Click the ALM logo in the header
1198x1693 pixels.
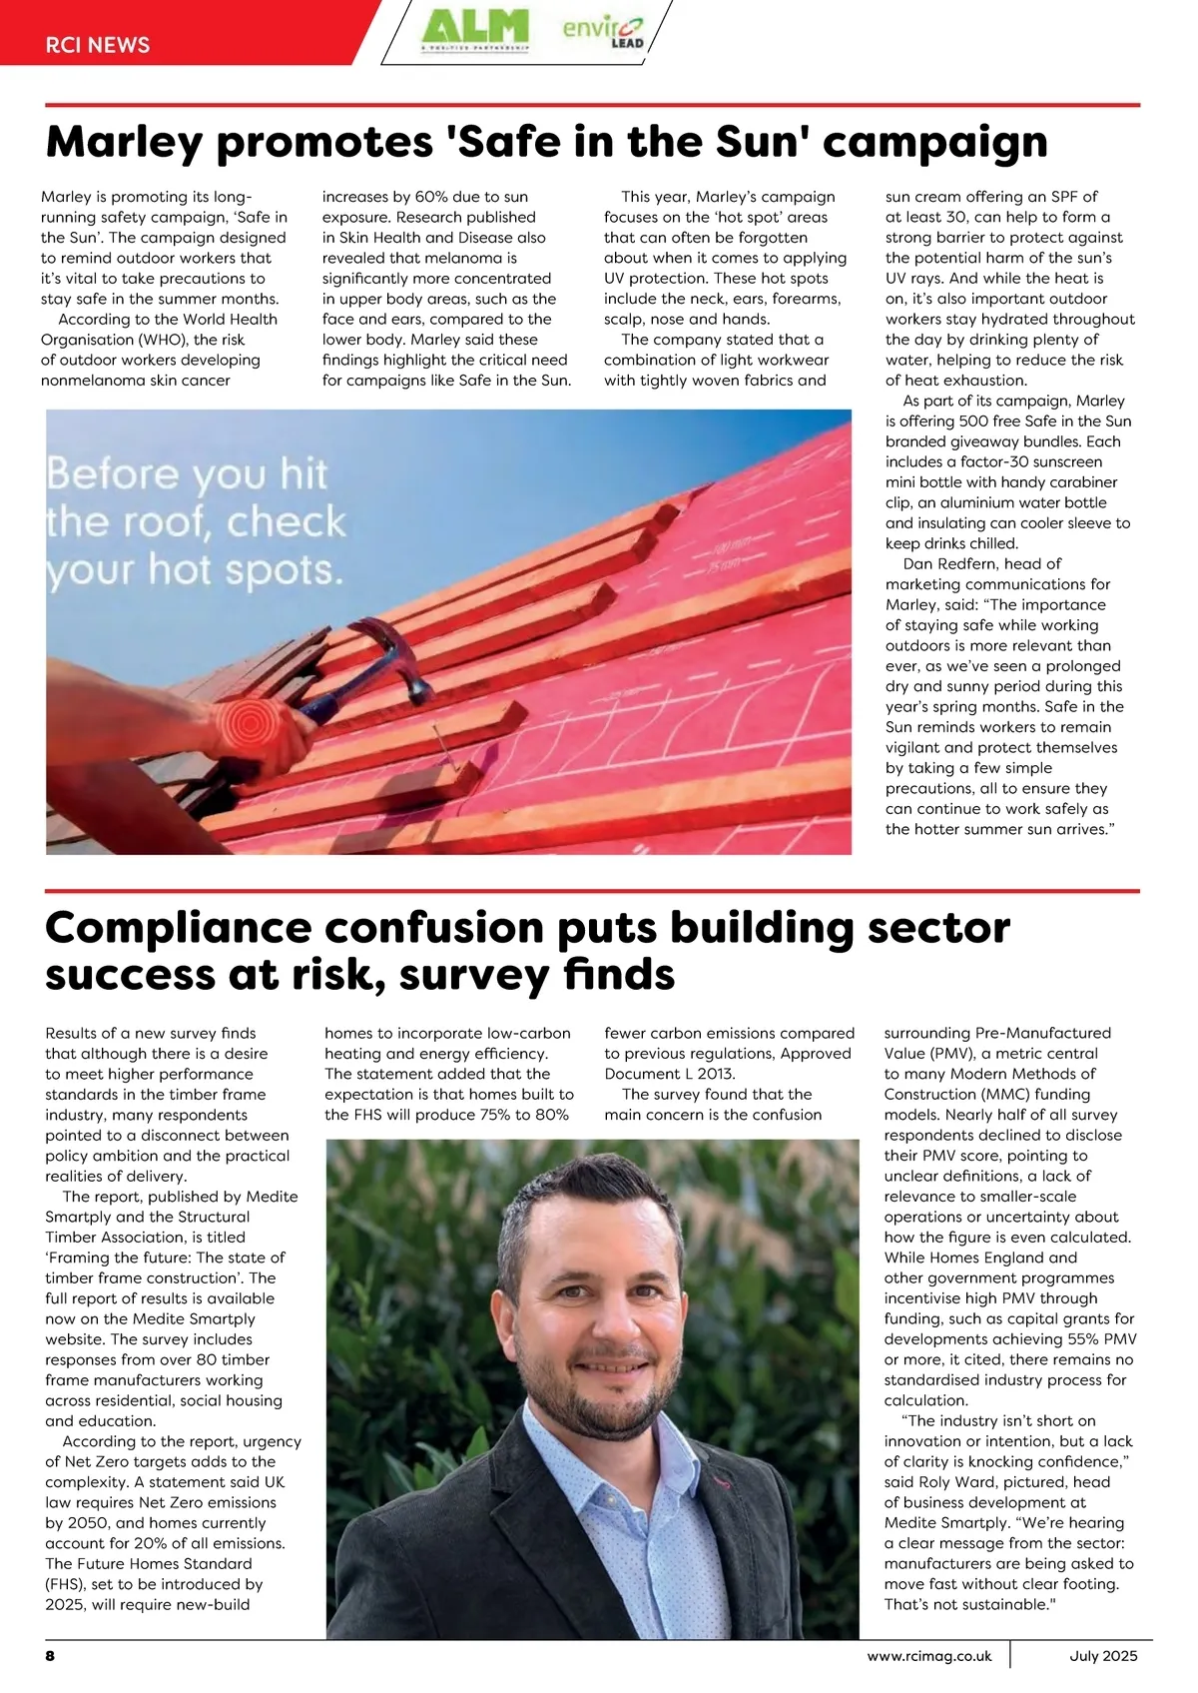474,27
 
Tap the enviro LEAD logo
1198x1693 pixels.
603,30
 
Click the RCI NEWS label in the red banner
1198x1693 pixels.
98,45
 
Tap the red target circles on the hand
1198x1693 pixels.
244,717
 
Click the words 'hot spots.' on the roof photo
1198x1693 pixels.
246,570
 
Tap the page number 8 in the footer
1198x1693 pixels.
50,1655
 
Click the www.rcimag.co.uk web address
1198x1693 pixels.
929,1655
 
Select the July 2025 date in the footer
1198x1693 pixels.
1103,1655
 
